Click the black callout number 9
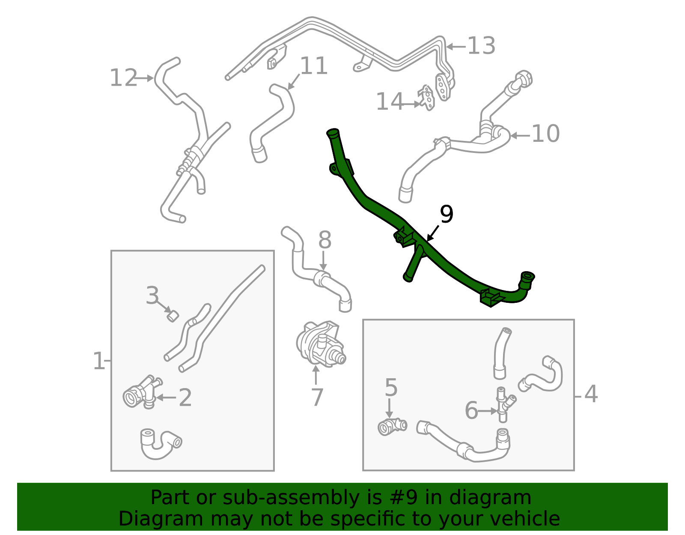click(x=446, y=215)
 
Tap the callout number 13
click(x=481, y=46)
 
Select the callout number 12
click(x=123, y=78)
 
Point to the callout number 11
click(x=314, y=66)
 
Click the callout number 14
click(x=390, y=102)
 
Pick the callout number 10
click(x=545, y=134)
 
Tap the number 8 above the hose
click(x=325, y=240)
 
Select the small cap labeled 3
click(x=173, y=316)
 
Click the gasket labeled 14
click(x=428, y=98)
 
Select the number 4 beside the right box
click(x=591, y=394)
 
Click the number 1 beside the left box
click(x=98, y=361)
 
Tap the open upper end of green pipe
click(x=333, y=132)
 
